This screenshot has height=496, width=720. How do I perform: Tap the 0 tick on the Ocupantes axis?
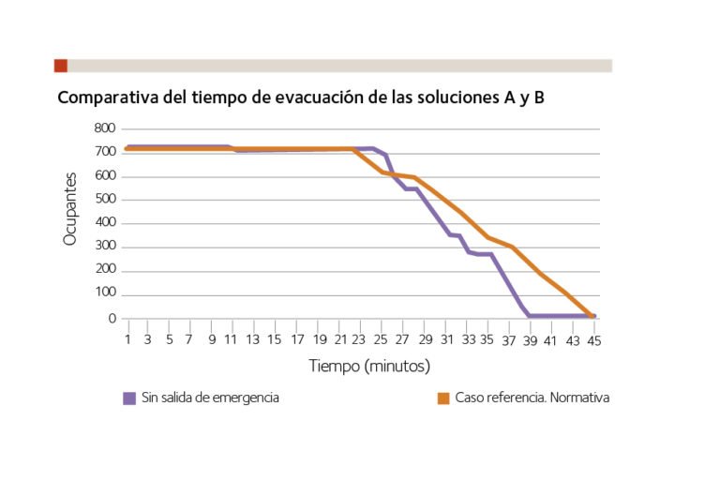[x=112, y=319]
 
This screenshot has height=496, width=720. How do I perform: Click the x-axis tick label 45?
[x=593, y=339]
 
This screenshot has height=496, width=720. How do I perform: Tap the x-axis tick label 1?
[x=127, y=339]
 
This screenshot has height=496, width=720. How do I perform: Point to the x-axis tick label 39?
[x=530, y=339]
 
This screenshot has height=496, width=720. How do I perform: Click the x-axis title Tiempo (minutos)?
[x=369, y=365]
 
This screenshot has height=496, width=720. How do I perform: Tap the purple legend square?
[x=129, y=398]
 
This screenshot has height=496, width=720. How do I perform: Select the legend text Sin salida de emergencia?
[x=210, y=398]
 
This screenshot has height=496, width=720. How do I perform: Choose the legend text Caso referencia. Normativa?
[x=532, y=398]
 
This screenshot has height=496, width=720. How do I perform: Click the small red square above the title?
[x=61, y=66]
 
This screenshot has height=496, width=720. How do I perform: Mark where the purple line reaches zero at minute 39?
[x=530, y=316]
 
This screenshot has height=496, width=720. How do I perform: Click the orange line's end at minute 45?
[x=592, y=317]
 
